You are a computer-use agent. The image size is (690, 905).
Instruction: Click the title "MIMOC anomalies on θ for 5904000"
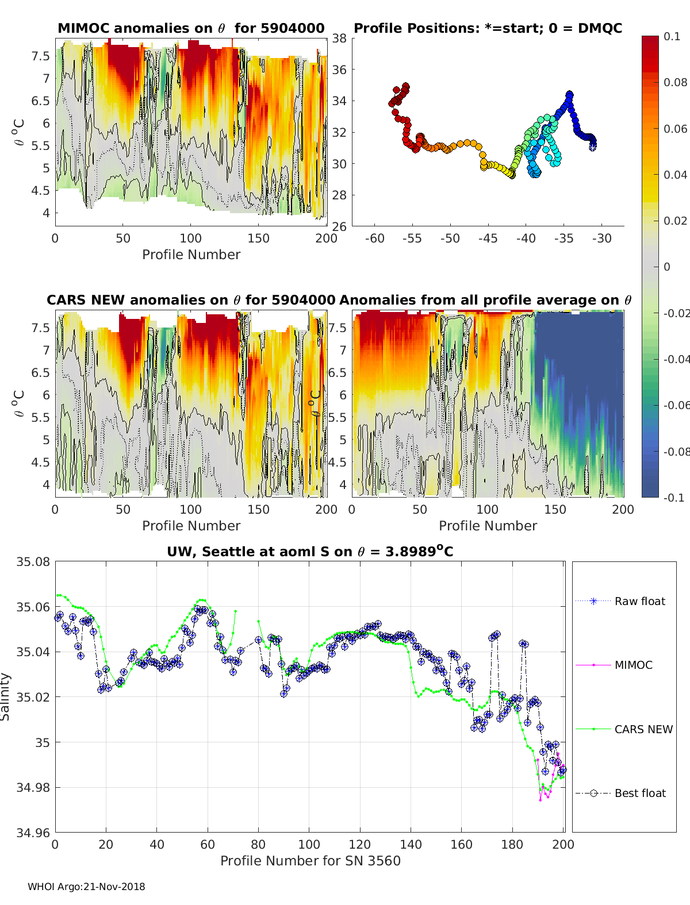point(191,28)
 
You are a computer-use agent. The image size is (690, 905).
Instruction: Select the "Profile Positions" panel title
point(488,28)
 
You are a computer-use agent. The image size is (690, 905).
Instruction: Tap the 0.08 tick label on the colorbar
point(675,82)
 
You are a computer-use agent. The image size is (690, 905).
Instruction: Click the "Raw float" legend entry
point(639,601)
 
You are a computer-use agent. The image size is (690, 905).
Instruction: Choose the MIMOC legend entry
point(633,665)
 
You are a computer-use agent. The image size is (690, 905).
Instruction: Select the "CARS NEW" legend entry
point(643,729)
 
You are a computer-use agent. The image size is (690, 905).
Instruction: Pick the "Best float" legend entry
point(640,793)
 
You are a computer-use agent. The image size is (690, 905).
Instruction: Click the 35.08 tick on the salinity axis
point(33,561)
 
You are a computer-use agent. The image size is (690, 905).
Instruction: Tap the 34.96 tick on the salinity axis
point(33,832)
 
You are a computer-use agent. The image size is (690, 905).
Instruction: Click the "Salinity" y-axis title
point(5,696)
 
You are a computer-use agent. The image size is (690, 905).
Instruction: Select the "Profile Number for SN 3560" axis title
point(310,861)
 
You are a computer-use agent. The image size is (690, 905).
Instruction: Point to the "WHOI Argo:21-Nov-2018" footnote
point(86,887)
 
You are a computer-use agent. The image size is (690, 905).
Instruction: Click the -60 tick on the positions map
point(374,238)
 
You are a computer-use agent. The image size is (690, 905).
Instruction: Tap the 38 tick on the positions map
point(339,38)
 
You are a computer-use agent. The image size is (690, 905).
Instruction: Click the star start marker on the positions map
point(592,147)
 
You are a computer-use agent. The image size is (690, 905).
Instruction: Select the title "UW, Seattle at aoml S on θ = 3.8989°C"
point(310,552)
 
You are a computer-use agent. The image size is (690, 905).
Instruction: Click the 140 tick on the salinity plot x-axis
point(411,844)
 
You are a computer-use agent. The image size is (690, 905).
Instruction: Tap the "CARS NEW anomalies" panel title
point(191,300)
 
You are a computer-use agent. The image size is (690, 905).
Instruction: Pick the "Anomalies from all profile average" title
point(485,300)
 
